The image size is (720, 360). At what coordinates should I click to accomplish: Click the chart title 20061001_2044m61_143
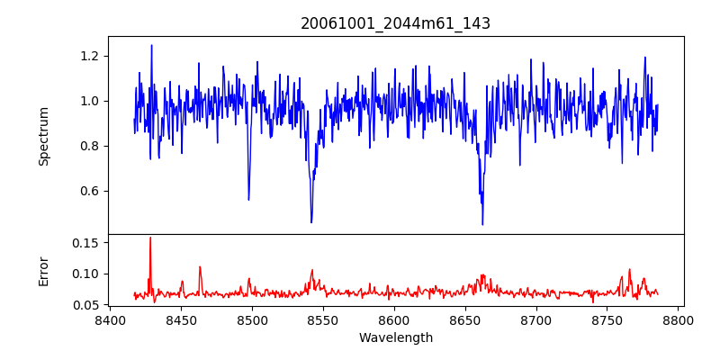pos(395,23)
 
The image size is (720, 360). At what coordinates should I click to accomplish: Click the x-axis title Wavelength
pos(395,337)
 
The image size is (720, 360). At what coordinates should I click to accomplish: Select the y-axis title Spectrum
pos(44,136)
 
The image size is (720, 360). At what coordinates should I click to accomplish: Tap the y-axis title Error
pos(44,270)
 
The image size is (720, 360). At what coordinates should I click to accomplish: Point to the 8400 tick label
pos(110,319)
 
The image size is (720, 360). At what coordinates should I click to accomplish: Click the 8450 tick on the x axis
pos(181,319)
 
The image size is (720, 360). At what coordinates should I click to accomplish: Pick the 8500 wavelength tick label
pos(252,319)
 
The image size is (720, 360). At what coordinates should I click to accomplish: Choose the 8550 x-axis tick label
pos(323,319)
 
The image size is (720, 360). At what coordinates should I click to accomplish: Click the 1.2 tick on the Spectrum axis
pos(90,56)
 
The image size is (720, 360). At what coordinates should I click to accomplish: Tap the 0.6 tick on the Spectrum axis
pos(90,191)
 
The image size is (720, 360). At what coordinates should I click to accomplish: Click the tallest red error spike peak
pos(150,238)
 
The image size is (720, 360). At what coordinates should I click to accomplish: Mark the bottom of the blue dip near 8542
pos(311,222)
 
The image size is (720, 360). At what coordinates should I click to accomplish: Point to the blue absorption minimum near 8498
pos(248,200)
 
